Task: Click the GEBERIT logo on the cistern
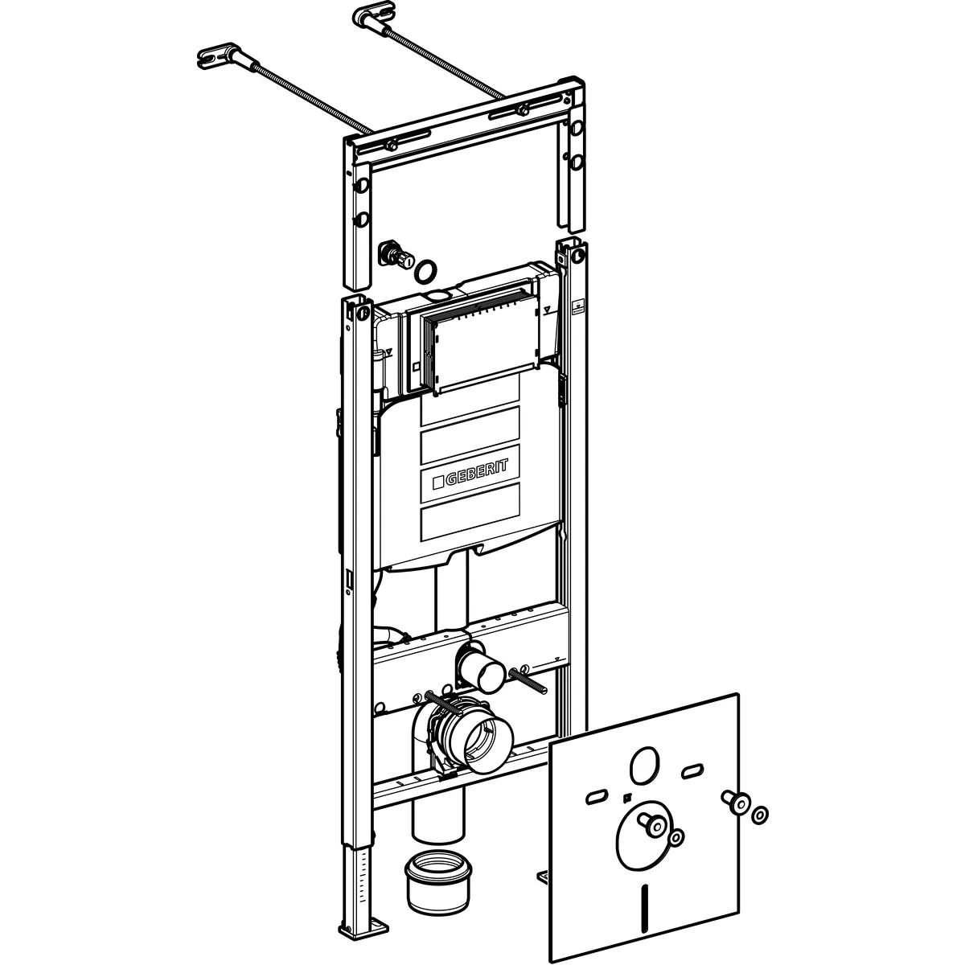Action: tap(470, 472)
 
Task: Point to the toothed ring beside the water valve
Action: tap(425, 270)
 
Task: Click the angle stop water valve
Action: tap(396, 256)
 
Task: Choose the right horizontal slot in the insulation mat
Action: tap(692, 770)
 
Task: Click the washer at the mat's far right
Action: tap(759, 815)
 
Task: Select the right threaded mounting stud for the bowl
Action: tap(528, 682)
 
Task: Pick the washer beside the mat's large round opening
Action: tap(676, 837)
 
